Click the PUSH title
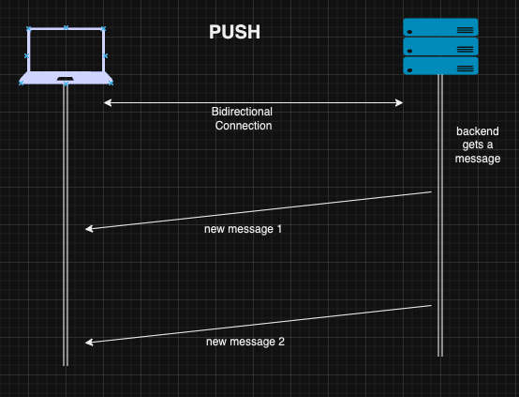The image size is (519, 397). tap(234, 33)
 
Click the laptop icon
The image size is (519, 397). tap(66, 56)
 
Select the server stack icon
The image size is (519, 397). tap(440, 46)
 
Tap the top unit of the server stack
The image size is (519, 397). tap(440, 27)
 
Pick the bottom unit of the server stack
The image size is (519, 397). tap(440, 66)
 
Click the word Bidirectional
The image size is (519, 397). tap(242, 112)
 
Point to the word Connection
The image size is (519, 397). tap(244, 125)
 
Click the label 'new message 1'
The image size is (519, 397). tap(244, 229)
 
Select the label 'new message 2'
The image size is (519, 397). tap(245, 342)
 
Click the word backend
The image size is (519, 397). tap(478, 131)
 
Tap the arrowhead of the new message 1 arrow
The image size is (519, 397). tap(87, 229)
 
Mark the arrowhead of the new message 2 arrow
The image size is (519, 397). tap(87, 343)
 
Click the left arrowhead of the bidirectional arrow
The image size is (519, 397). tap(106, 101)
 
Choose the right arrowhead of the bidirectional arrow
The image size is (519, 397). tap(400, 101)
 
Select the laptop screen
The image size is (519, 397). tap(66, 49)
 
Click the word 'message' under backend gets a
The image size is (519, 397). tap(478, 159)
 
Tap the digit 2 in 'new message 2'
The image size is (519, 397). tap(281, 342)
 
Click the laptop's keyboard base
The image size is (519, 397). tap(66, 79)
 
